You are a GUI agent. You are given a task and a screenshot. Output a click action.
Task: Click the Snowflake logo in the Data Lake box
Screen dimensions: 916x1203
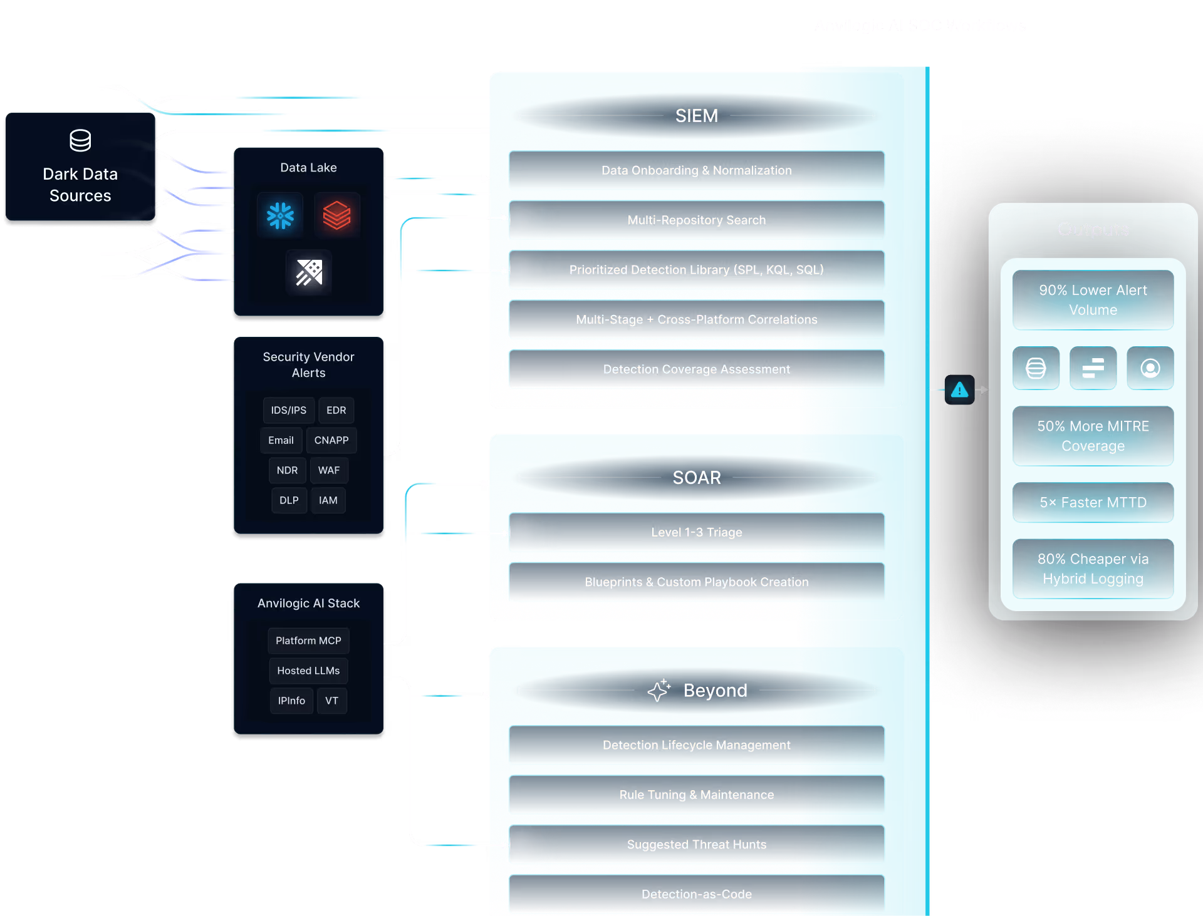280,215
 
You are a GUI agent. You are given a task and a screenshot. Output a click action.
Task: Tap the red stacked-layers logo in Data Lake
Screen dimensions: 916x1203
336,215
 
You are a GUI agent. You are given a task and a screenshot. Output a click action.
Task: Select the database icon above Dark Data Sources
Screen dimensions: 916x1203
80,141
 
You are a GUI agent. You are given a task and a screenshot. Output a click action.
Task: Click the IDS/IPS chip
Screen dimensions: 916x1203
288,410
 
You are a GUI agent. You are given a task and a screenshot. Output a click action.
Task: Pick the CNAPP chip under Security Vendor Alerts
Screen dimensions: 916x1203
331,440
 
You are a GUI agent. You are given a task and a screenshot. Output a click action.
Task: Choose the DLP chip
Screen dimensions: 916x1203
289,500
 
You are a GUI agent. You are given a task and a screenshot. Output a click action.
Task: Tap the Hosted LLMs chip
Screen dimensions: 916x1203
308,671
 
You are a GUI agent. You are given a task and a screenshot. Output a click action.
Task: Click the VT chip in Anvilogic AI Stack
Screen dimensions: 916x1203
331,701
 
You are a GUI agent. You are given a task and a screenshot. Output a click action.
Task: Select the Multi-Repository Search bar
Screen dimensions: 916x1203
696,220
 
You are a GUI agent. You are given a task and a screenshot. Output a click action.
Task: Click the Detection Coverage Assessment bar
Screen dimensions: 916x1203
696,369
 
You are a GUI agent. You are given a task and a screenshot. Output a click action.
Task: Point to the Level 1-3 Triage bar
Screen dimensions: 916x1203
696,532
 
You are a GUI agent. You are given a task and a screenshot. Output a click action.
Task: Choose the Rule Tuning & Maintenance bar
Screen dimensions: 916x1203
696,795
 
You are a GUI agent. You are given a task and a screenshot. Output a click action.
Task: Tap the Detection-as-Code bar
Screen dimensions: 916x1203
696,894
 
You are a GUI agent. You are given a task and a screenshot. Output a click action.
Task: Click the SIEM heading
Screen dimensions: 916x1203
696,116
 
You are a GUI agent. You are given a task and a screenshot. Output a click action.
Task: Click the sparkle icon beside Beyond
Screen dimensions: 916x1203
659,690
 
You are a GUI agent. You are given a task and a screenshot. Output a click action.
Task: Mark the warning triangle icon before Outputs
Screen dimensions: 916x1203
959,390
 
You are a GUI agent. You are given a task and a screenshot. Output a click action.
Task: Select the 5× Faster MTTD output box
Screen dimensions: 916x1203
1093,502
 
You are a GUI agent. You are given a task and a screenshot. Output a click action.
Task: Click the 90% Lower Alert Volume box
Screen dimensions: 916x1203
1093,300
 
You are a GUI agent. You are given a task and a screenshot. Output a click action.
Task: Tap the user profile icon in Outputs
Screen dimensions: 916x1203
1150,368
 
